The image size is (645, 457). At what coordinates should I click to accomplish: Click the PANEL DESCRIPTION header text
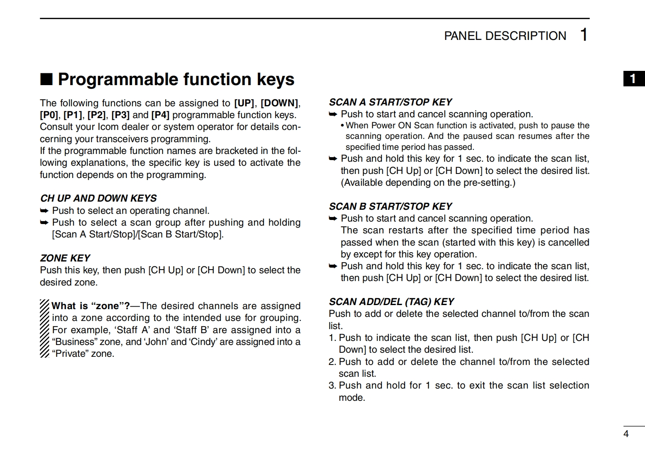[x=505, y=36]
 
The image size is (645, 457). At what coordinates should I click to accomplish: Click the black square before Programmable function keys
[x=46, y=79]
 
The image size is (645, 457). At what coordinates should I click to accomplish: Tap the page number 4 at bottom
[x=626, y=434]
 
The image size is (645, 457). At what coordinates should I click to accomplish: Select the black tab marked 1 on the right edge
[x=634, y=79]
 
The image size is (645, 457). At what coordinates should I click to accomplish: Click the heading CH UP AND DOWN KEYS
[x=98, y=198]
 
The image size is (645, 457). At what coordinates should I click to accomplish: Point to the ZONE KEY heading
[x=65, y=258]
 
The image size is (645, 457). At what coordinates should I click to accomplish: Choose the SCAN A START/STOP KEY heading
[x=390, y=102]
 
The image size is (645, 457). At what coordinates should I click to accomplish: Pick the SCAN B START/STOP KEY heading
[x=390, y=207]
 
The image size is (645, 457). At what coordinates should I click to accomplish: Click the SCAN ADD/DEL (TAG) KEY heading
[x=391, y=302]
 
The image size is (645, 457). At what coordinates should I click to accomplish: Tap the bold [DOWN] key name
[x=279, y=103]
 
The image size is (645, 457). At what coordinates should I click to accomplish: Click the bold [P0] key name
[x=49, y=115]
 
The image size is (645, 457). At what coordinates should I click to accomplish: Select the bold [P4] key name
[x=160, y=115]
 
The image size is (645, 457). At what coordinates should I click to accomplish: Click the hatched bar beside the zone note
[x=45, y=329]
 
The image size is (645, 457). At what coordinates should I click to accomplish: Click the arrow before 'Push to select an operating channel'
[x=44, y=211]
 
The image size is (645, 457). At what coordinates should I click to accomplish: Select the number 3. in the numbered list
[x=332, y=385]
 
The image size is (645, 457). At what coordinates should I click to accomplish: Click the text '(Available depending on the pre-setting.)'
[x=428, y=183]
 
